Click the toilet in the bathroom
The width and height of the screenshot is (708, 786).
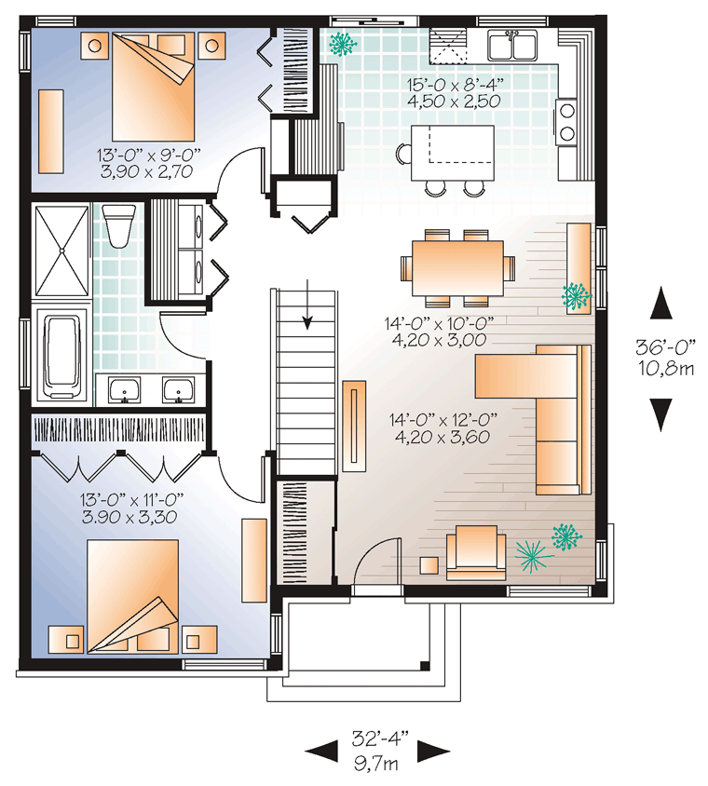(x=119, y=225)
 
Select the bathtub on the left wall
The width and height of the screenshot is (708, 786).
(x=62, y=357)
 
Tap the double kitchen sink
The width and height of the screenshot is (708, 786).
(x=512, y=45)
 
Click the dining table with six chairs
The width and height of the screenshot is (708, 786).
(x=457, y=268)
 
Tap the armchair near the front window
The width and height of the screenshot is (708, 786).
(x=475, y=552)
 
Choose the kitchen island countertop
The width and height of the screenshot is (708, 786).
(x=452, y=153)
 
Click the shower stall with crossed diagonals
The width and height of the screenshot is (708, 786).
(x=61, y=250)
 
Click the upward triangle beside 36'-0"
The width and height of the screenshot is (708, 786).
(x=660, y=303)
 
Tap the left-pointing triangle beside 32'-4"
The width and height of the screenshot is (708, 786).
(x=321, y=751)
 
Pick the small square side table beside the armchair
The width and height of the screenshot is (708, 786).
(x=429, y=565)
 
